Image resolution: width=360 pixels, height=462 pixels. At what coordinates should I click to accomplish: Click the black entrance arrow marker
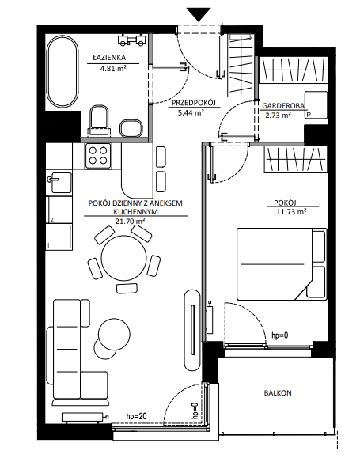click(199, 14)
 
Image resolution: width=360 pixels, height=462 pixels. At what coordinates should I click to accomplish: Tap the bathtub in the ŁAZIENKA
click(63, 72)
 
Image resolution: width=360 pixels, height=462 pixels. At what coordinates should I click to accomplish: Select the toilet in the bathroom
click(99, 121)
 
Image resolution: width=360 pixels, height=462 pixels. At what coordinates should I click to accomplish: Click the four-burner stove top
click(98, 156)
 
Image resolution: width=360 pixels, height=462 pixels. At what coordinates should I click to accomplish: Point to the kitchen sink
click(60, 183)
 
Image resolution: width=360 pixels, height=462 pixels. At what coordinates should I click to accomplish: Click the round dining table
click(123, 259)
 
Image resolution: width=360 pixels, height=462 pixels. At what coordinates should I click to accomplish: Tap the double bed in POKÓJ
click(282, 264)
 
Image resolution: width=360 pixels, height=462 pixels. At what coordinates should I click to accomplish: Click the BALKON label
click(278, 392)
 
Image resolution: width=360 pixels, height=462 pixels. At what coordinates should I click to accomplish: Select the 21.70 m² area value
click(130, 221)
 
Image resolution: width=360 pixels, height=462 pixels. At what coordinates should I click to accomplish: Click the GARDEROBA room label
click(283, 106)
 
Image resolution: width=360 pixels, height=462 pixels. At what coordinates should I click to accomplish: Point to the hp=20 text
click(136, 416)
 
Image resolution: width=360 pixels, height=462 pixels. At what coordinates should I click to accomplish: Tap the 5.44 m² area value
click(191, 112)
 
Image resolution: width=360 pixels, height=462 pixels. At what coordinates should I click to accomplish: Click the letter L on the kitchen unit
click(49, 245)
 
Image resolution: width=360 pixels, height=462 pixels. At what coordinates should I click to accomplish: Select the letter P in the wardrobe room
click(309, 115)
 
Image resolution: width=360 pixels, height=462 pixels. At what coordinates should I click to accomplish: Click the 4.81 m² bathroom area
click(113, 69)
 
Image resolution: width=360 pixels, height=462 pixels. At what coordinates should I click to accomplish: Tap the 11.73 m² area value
click(291, 211)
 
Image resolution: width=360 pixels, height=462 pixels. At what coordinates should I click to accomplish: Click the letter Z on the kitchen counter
click(52, 219)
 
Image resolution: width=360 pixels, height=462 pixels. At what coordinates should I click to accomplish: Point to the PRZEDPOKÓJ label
click(194, 103)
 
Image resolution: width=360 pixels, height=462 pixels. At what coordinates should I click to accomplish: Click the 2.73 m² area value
click(279, 115)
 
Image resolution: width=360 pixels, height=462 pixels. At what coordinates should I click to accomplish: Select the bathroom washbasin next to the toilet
click(131, 128)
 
